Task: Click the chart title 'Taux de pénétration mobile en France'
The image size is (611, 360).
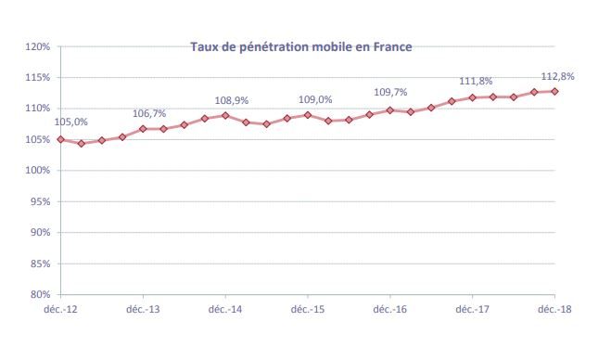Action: pos(300,45)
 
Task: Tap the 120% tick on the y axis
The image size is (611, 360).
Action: pos(37,46)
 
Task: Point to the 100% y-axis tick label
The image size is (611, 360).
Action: pos(37,171)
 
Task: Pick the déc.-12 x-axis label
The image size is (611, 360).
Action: pos(60,308)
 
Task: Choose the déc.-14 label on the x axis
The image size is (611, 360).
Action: pos(225,308)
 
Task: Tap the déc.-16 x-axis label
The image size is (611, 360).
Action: pos(390,308)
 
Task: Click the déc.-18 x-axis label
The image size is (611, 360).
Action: pos(555,308)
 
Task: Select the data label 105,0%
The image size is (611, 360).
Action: pos(71,122)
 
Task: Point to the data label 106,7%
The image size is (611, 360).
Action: pos(149,112)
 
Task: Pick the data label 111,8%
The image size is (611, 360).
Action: pos(477,81)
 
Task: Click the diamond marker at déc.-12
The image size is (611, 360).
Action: pos(60,139)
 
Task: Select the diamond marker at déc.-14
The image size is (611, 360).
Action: pos(225,115)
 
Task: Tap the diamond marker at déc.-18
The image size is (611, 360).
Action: pos(555,91)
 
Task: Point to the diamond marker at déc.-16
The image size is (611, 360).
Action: pos(390,110)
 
